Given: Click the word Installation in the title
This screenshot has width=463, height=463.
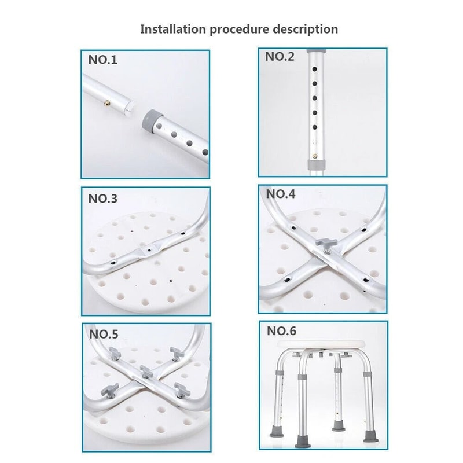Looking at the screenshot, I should [x=172, y=29].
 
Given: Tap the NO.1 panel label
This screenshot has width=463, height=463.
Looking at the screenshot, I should [x=102, y=60].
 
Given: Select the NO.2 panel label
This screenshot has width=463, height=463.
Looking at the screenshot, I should [x=280, y=57].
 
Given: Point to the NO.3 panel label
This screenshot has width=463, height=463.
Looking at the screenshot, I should [x=102, y=199].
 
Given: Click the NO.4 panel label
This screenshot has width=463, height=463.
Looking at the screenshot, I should [x=281, y=194].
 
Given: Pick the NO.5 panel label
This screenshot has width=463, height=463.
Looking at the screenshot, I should [x=104, y=334].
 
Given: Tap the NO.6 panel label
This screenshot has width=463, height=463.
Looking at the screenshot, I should [x=281, y=332].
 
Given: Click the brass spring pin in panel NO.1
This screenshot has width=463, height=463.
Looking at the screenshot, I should [x=107, y=102].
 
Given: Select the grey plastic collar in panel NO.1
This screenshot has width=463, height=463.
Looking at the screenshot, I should [x=151, y=117].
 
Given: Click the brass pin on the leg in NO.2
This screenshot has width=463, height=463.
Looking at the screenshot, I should [x=315, y=155].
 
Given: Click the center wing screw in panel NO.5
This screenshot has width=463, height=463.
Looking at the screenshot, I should [x=146, y=370].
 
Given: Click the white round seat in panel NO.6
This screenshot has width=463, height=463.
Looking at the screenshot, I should [x=322, y=346].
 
